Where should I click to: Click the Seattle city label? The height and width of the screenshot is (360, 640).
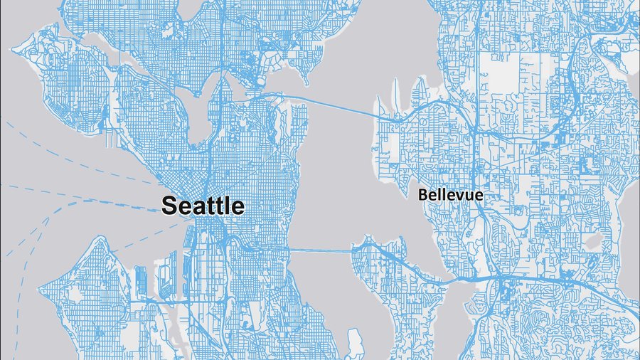click(x=203, y=206)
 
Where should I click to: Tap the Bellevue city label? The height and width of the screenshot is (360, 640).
click(x=450, y=194)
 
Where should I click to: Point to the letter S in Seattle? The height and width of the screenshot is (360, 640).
click(x=169, y=206)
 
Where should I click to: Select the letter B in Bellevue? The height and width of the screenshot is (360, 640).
click(x=422, y=194)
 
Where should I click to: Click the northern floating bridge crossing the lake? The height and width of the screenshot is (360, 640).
click(x=334, y=105)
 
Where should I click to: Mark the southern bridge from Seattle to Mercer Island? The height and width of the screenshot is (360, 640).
click(x=320, y=250)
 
